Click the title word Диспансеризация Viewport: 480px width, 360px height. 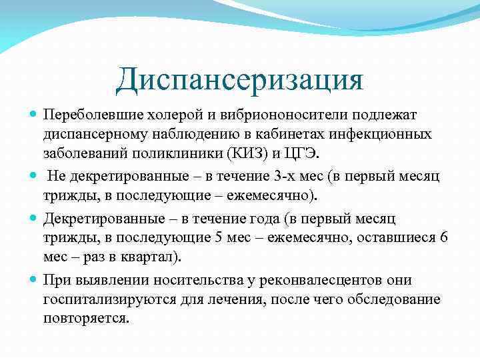pyautogui.click(x=240, y=81)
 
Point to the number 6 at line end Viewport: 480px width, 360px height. pyautogui.click(x=444, y=238)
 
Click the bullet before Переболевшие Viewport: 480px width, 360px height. pyautogui.click(x=34, y=115)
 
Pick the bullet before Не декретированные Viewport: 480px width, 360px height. pyautogui.click(x=34, y=177)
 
